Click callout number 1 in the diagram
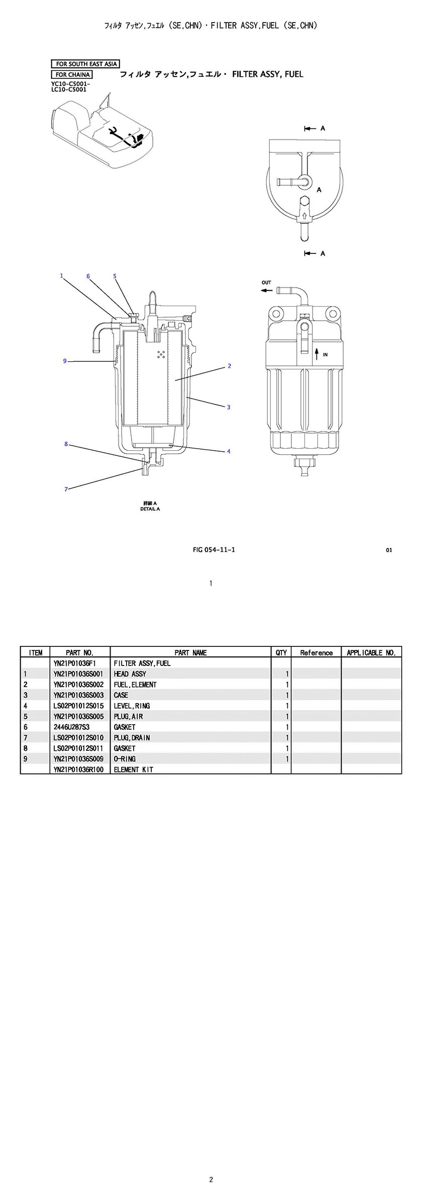61,276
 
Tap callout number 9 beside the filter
65,361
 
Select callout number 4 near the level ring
229,451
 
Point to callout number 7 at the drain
66,489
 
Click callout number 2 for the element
230,366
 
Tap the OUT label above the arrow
266,283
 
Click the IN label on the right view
325,355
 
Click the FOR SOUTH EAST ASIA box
85,64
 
